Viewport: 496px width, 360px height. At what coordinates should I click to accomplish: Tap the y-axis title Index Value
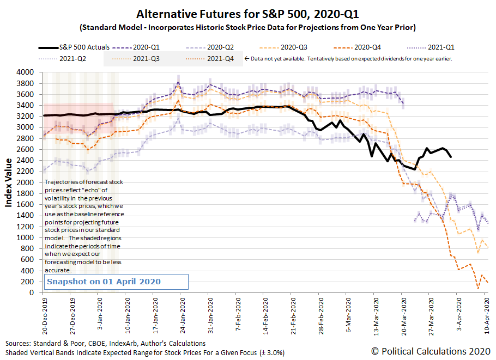[9, 183]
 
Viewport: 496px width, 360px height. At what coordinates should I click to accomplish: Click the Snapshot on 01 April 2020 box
[116, 282]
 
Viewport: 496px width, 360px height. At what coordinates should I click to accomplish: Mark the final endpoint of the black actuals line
[450, 157]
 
